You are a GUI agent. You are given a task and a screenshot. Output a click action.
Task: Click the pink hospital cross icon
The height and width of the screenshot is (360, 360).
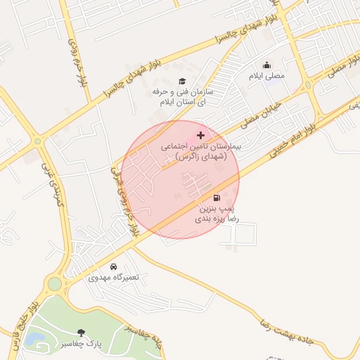[201, 135]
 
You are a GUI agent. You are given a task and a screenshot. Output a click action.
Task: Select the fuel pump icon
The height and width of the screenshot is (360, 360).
[217, 198]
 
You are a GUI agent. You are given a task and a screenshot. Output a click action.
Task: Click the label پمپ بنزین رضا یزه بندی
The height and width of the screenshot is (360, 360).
[217, 214]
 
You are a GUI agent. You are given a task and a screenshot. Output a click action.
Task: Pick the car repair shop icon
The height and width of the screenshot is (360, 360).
[114, 266]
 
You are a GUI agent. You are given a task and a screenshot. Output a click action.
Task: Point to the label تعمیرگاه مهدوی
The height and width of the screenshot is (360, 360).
[114, 277]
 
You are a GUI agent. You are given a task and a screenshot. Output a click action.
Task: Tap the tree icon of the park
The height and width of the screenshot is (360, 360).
[82, 333]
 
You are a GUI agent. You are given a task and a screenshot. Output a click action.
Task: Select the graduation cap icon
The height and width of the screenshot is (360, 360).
[183, 82]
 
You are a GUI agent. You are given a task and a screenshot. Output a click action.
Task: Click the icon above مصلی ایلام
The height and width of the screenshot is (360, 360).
[267, 65]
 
